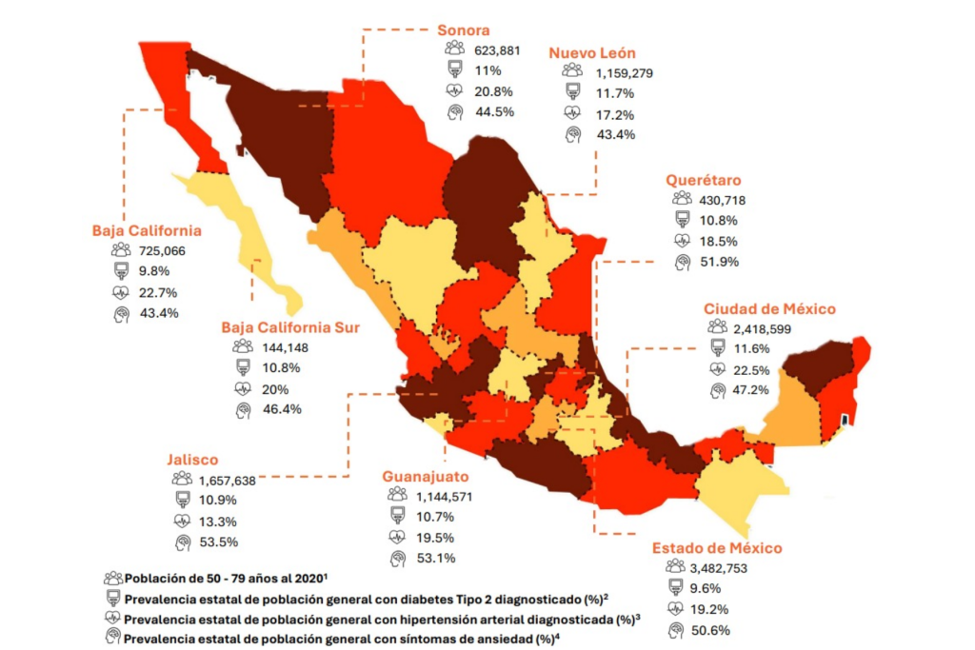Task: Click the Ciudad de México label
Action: click(769, 308)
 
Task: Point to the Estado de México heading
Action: click(717, 548)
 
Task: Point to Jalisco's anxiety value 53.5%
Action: click(218, 542)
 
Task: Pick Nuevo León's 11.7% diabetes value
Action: click(614, 92)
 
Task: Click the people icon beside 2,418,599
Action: click(717, 327)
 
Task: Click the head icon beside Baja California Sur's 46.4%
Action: click(243, 409)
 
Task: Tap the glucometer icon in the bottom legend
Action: click(113, 599)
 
